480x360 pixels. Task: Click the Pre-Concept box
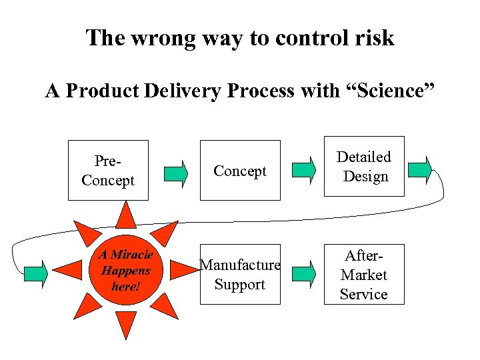tap(108, 170)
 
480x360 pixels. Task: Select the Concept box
tap(240, 170)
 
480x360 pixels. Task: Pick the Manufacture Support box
tap(240, 274)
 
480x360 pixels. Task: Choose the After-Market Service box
tap(364, 274)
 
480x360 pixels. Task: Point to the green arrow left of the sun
tap(36, 272)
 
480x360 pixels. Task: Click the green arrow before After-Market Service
tap(304, 272)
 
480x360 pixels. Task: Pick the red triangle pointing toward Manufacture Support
tap(183, 270)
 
